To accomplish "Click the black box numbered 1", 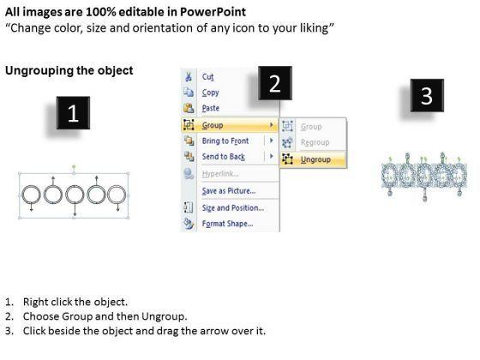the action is (73, 112).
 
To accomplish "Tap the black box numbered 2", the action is (275, 83).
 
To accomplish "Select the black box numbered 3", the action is (427, 95).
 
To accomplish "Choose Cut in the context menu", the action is (207, 76).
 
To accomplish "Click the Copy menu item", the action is (210, 93).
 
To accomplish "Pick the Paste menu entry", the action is (211, 108).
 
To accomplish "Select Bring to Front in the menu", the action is (225, 141).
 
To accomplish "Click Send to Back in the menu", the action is (224, 156).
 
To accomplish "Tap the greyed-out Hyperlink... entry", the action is (220, 174).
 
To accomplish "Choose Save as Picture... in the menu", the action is (229, 191).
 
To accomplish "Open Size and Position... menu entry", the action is (232, 207).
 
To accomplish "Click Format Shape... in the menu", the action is (227, 224).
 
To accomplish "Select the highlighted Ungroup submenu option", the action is (315, 159).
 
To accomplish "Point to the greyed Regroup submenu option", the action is (315, 142).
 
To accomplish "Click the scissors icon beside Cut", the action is (189, 76).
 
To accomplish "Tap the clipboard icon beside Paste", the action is (189, 108).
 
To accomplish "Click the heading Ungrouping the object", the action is (69, 70).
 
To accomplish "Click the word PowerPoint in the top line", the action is (213, 12).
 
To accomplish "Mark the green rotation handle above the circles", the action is (74, 167).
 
